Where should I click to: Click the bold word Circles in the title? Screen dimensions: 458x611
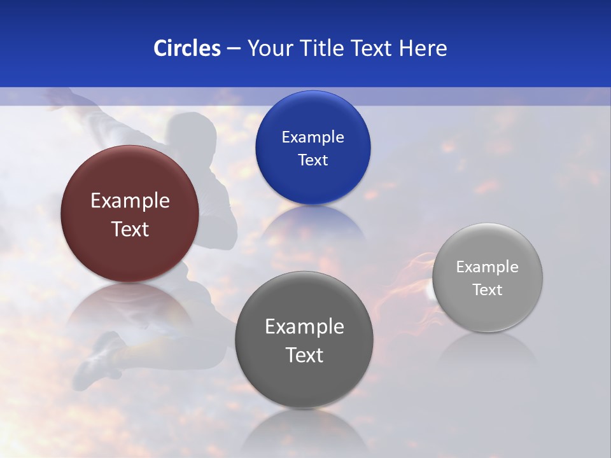(x=186, y=48)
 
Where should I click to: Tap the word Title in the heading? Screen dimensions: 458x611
(x=322, y=48)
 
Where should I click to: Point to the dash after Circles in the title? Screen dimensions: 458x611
(x=234, y=49)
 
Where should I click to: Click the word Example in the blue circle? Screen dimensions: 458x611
(x=313, y=137)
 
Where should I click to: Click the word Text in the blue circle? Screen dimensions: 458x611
(x=313, y=160)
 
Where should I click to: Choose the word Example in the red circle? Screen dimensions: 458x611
(x=130, y=201)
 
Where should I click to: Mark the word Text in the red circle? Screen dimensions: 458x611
(x=130, y=229)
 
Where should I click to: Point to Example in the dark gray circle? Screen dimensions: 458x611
(x=304, y=327)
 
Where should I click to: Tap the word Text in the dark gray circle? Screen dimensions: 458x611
(x=304, y=355)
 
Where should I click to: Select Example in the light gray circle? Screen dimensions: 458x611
(x=488, y=267)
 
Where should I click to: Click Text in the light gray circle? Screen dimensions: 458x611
(x=488, y=290)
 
